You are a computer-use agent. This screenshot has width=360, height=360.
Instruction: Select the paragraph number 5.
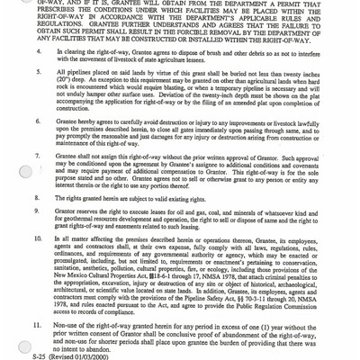click(x=52, y=104)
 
